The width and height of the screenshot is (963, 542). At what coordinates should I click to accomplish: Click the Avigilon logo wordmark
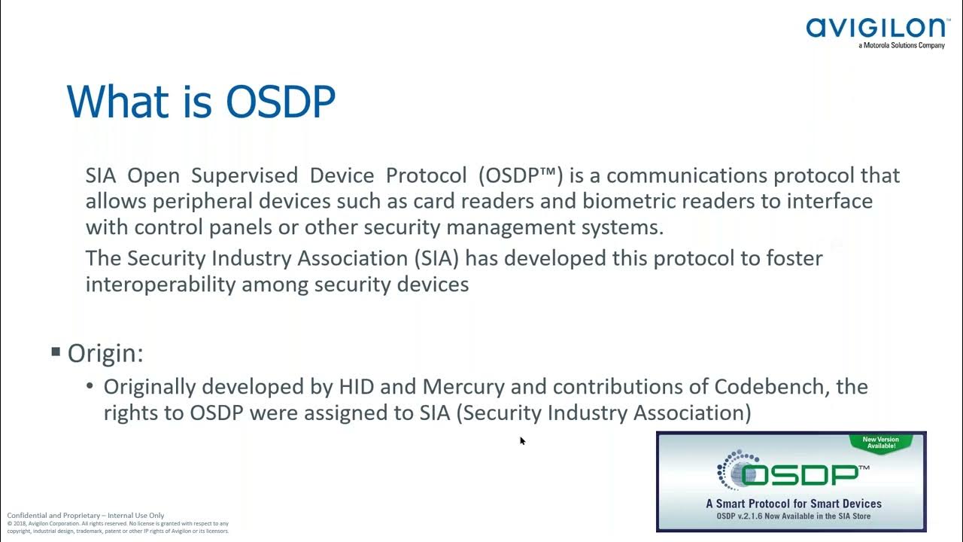(x=877, y=28)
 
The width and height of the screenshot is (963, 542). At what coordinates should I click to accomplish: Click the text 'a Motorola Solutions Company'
(x=901, y=46)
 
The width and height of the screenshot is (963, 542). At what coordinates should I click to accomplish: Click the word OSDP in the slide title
(x=281, y=101)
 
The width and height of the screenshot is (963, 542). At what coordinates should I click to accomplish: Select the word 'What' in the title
(x=120, y=101)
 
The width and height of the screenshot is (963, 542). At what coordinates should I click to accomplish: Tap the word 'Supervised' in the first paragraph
(x=245, y=175)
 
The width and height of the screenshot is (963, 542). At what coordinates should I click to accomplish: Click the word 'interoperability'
(x=159, y=285)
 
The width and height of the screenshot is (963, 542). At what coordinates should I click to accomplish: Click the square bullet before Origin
(x=56, y=352)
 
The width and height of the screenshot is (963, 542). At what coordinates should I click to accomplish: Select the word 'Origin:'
(x=105, y=353)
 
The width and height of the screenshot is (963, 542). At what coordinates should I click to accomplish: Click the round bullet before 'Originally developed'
(x=90, y=386)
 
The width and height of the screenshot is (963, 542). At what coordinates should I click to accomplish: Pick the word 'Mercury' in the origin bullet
(x=463, y=387)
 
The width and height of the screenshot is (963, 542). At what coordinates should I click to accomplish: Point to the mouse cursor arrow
(x=522, y=440)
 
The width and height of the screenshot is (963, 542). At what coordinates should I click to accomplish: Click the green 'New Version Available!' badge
(x=879, y=443)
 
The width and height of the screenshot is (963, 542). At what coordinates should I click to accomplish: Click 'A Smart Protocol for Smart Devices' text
(x=793, y=504)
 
